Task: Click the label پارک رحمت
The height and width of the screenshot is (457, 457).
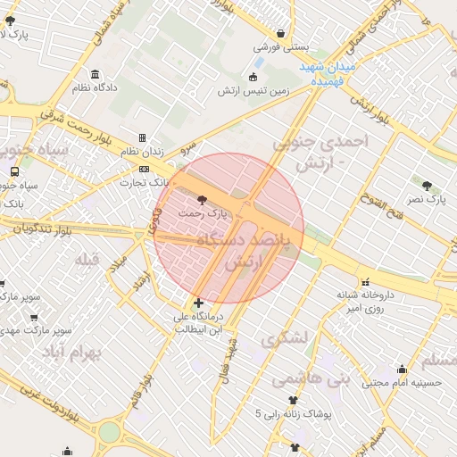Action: (x=203, y=214)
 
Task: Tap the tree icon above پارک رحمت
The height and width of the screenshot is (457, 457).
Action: (x=200, y=199)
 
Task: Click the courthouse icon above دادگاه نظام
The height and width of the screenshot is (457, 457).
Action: (x=96, y=74)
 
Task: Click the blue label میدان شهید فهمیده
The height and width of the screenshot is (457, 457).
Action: (x=327, y=74)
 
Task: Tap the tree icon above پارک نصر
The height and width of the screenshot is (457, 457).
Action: (x=428, y=186)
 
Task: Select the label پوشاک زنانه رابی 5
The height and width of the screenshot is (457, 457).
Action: (x=293, y=413)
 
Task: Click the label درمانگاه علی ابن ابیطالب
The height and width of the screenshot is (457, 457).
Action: (x=196, y=322)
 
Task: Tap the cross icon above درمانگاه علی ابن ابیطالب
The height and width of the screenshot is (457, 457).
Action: (x=197, y=303)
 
